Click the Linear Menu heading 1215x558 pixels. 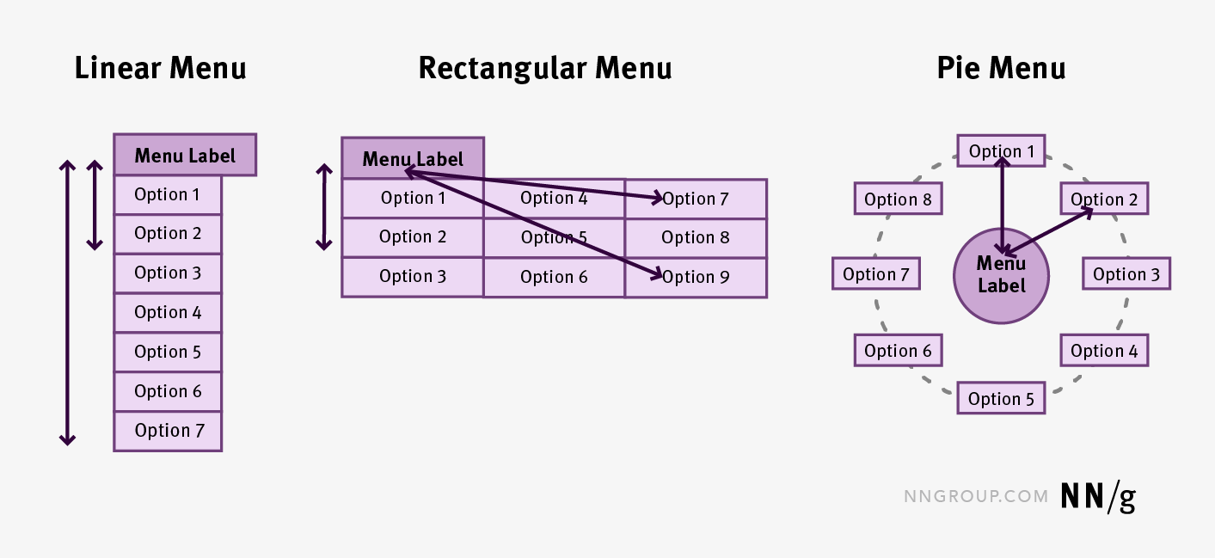[x=160, y=68]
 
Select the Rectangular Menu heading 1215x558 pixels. [x=544, y=68]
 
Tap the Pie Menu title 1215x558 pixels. [x=1001, y=68]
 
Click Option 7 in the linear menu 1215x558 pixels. [x=168, y=431]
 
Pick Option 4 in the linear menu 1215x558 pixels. [x=168, y=312]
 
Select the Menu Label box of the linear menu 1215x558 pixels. [x=185, y=156]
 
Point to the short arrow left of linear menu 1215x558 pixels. [x=95, y=205]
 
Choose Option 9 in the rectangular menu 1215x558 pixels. [x=696, y=277]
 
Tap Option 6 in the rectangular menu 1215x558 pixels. [x=554, y=277]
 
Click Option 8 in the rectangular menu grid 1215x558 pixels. [x=696, y=237]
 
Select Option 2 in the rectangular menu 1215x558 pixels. [x=413, y=237]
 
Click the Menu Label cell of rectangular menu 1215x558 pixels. [x=413, y=159]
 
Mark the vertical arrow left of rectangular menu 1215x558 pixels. [x=324, y=207]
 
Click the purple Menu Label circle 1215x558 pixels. [x=1001, y=276]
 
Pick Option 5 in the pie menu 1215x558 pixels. [x=1001, y=399]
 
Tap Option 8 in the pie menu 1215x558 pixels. [x=898, y=199]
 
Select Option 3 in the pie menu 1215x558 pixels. [x=1126, y=275]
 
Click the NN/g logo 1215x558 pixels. [x=1098, y=496]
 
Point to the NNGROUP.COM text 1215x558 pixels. [x=976, y=497]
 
